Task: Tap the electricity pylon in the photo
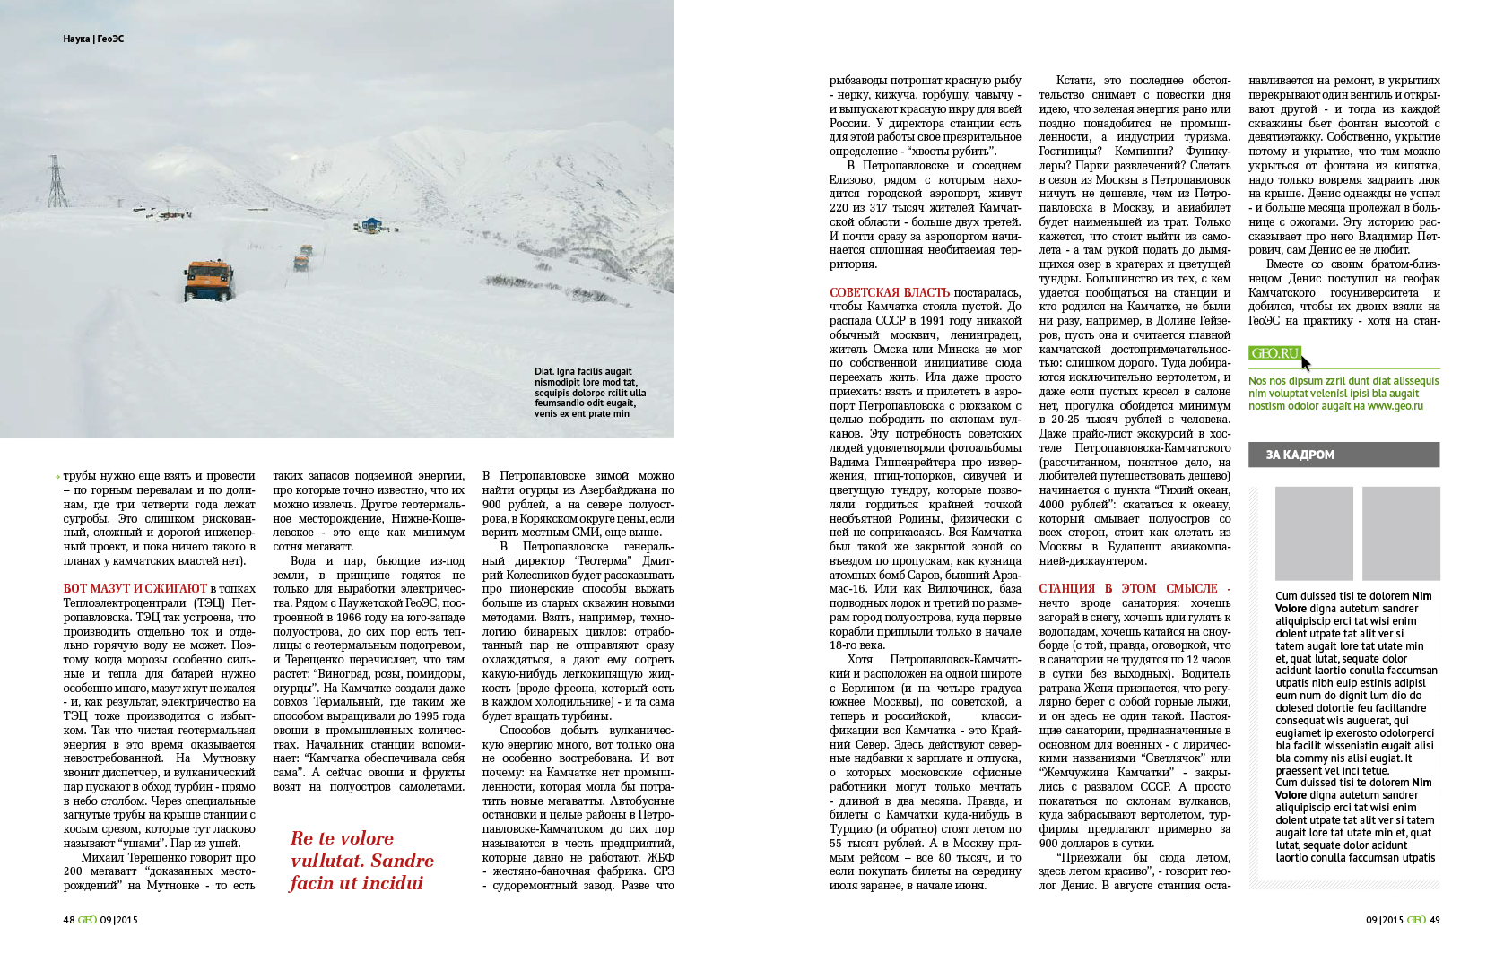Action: (57, 182)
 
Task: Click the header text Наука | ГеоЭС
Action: (93, 39)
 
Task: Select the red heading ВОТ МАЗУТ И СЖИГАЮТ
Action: (135, 589)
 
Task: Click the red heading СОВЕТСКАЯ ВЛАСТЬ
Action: (889, 292)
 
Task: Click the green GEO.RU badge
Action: (1274, 353)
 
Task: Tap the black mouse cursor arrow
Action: (1306, 363)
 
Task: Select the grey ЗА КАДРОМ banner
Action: (1343, 455)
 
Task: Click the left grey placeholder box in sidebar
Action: (1313, 533)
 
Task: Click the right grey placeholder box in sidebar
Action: (1400, 533)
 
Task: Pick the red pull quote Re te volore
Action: (361, 861)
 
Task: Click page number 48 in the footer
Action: (69, 920)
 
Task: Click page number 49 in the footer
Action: (1435, 920)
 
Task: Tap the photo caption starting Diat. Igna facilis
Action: (589, 393)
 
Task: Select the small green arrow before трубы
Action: (58, 477)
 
